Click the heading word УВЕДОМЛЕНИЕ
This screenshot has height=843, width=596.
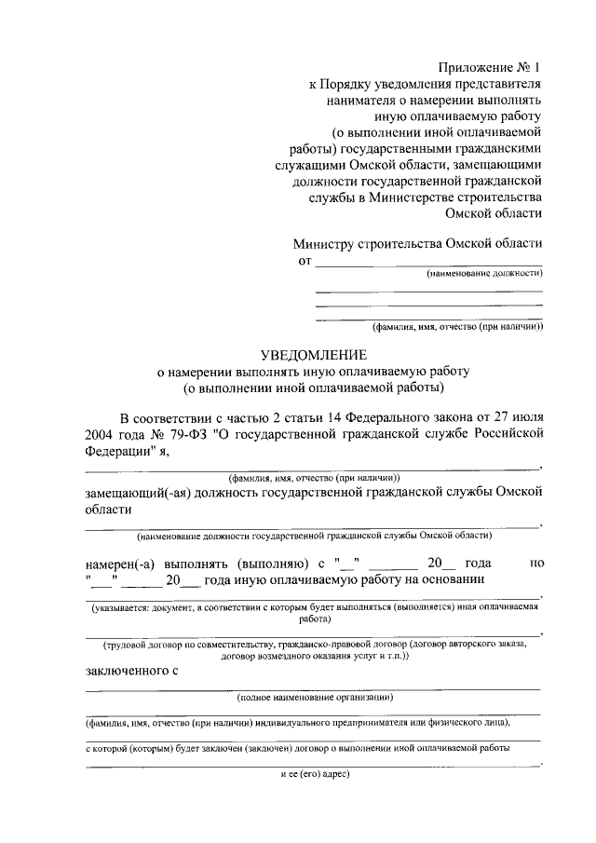coord(314,354)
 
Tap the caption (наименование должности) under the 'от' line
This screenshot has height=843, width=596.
coord(484,273)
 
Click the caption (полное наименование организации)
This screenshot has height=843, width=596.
coord(315,697)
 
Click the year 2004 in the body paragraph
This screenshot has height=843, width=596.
coord(102,433)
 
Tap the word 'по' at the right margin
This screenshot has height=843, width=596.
coord(535,564)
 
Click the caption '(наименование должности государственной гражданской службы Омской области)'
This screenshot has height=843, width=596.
coord(315,536)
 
